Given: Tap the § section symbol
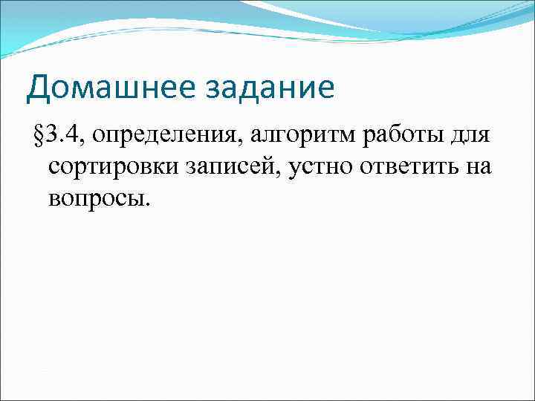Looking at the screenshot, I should point(39,137).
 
